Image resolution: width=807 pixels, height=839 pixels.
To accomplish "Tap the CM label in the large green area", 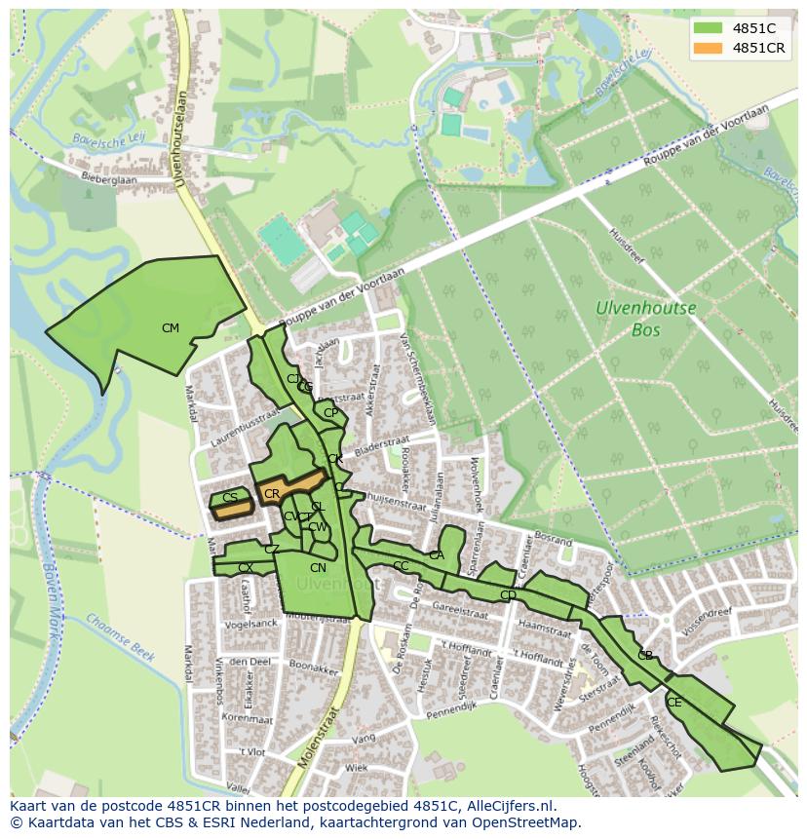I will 171,328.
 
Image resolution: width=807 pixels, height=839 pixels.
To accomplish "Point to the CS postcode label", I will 230,498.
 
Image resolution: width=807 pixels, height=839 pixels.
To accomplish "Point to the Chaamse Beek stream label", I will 120,637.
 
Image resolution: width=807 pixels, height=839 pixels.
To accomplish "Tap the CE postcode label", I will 674,703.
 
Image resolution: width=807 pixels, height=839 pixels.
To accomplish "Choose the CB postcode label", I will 645,656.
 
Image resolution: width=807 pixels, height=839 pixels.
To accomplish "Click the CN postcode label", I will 318,568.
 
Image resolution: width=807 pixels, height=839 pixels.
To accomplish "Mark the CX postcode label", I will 246,567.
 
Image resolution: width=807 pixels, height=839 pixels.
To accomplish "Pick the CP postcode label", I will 331,413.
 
